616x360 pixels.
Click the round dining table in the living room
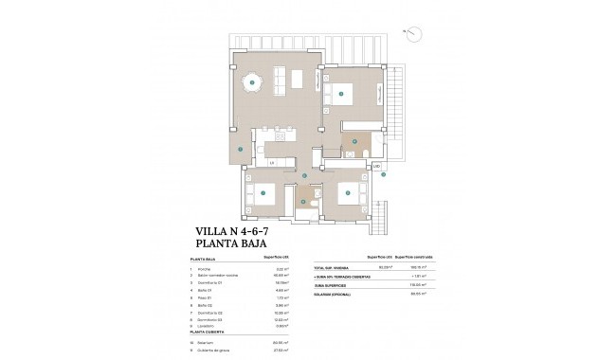(x=252, y=83)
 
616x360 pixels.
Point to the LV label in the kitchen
(x=271, y=163)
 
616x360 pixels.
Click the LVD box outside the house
(x=376, y=167)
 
